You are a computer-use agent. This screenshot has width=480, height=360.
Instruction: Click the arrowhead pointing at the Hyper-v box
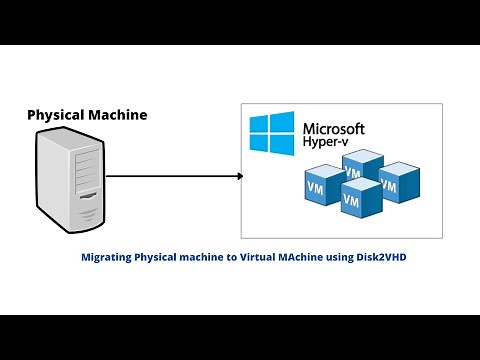pyautogui.click(x=239, y=177)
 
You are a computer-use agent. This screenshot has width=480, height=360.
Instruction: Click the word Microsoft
pyautogui.click(x=332, y=129)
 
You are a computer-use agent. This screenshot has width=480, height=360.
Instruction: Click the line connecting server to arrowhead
pyautogui.click(x=170, y=177)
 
